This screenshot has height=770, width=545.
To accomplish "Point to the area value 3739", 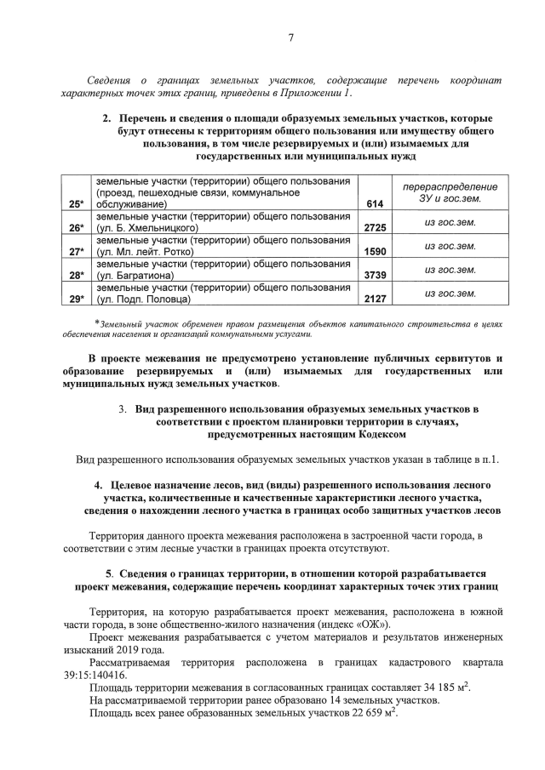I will pos(376,276).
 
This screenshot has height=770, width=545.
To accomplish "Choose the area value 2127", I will pos(376,299).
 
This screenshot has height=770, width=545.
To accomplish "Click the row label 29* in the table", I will pos(77,299).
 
